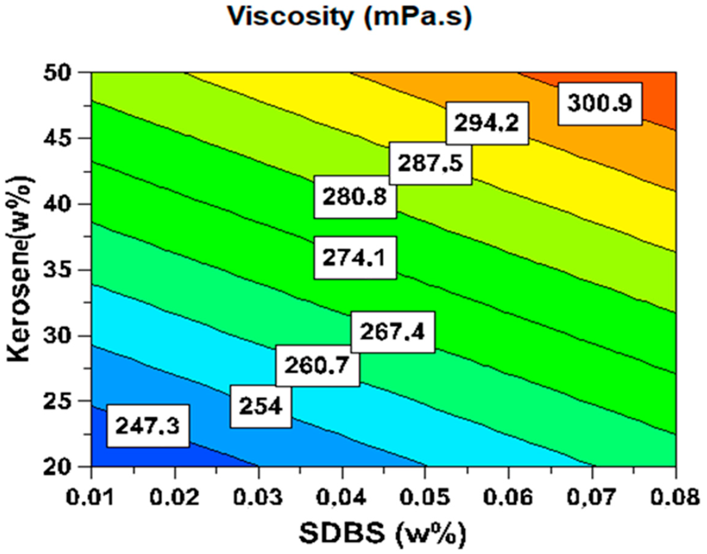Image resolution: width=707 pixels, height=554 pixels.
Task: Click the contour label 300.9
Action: pos(600,104)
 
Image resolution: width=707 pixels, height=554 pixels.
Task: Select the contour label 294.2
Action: pos(487,123)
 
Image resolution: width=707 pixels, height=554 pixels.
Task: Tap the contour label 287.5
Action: pos(430,163)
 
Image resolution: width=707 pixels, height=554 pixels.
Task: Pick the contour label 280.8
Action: pos(355,197)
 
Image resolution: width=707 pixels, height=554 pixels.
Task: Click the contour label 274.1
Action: pos(355,258)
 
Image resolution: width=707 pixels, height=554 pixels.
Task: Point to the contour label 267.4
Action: pos(392,332)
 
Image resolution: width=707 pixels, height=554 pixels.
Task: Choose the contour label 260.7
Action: pos(317,365)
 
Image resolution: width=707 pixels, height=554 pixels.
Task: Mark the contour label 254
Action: pos(261,407)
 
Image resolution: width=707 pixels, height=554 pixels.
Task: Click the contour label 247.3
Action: pos(148,426)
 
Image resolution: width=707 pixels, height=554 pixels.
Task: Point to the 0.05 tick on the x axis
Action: pos(425,496)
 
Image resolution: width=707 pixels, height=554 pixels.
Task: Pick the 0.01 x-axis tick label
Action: pos(90,496)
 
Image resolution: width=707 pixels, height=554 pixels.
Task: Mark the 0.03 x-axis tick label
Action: pos(258,496)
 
